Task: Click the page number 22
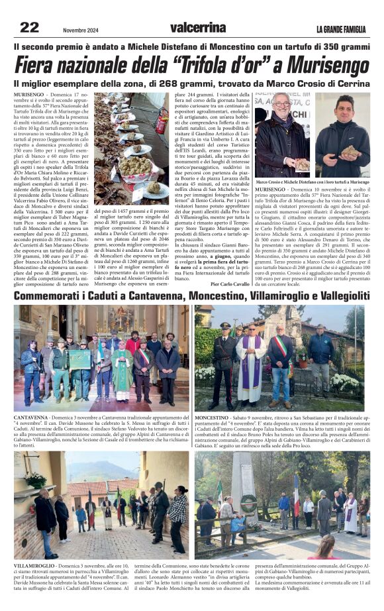click(30, 27)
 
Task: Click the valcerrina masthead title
click(197, 27)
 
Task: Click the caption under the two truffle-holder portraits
click(312, 182)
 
